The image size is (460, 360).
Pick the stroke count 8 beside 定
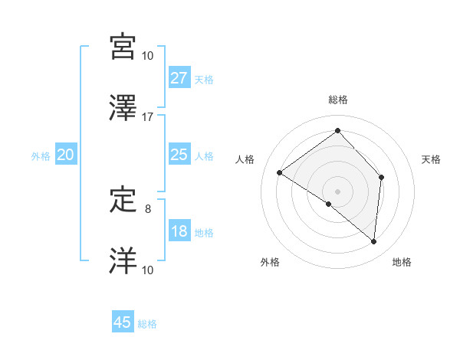148,208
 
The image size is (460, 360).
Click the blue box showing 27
179,78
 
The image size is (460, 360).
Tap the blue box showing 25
179,155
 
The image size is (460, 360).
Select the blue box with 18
179,231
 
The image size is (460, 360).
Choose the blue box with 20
65,155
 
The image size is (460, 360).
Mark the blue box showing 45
123,322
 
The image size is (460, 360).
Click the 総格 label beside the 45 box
147,324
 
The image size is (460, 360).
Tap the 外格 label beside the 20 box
41,156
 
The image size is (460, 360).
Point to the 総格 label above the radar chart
337,100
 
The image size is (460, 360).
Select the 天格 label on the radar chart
431,159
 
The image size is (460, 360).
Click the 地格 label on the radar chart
402,263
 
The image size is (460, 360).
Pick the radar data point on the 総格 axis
337,130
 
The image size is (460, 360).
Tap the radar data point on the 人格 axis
279,172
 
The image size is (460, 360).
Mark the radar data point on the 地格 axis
373,242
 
